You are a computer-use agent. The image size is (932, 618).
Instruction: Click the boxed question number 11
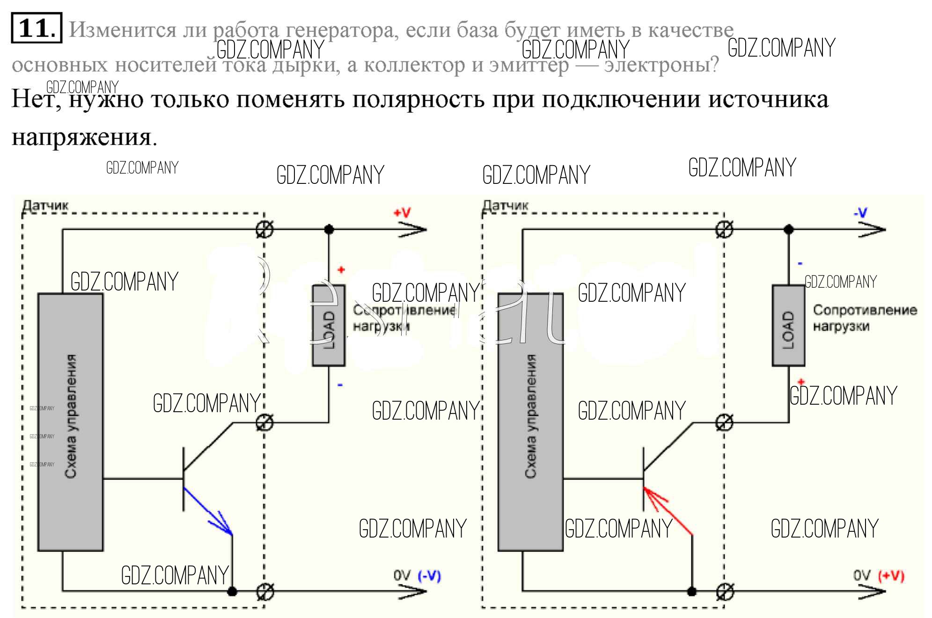(x=36, y=28)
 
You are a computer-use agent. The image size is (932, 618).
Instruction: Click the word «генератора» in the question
(x=342, y=30)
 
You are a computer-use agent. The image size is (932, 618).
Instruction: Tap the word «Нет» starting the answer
(x=35, y=99)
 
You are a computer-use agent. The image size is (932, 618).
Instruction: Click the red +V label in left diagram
(x=402, y=213)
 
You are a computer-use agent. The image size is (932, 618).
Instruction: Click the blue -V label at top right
(x=860, y=213)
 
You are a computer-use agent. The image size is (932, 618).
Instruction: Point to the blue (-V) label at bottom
(x=429, y=576)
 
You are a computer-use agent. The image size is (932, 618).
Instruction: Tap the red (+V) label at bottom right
(x=891, y=576)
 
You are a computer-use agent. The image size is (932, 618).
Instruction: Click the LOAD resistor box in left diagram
(x=329, y=325)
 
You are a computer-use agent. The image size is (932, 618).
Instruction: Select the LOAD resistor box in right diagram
(x=788, y=325)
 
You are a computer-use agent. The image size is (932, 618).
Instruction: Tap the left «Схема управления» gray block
(x=70, y=422)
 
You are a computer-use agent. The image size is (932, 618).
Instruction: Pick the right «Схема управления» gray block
(x=530, y=422)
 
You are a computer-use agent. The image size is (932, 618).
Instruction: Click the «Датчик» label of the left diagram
(x=45, y=205)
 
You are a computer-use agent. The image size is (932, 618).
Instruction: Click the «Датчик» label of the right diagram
(x=505, y=205)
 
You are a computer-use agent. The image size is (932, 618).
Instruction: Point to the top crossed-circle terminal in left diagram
(x=265, y=229)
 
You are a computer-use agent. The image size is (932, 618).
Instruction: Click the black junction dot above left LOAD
(x=329, y=229)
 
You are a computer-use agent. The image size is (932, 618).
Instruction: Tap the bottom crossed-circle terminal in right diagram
(x=725, y=591)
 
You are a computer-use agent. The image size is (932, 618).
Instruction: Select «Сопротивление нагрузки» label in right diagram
(x=864, y=318)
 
